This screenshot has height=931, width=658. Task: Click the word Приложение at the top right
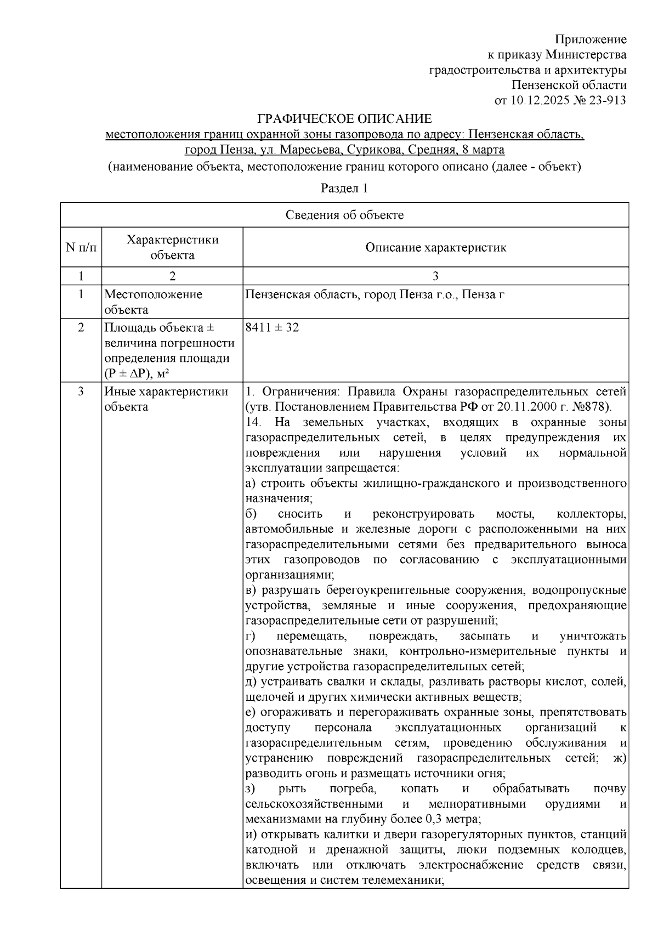591,39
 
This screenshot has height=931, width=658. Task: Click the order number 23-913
607,100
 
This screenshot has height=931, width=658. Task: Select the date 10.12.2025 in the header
536,100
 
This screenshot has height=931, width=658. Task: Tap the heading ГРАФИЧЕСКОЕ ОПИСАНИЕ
345,119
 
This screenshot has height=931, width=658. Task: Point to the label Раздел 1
344,188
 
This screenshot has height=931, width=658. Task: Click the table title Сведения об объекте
344,215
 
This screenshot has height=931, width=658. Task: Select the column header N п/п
81,247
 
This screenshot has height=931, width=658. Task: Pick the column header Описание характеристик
435,247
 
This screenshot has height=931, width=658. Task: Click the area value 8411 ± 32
273,328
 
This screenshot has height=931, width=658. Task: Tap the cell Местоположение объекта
153,302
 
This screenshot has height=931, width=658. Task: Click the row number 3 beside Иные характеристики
81,391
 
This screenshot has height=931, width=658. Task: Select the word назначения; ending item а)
279,499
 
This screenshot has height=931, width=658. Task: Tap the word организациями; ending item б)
289,575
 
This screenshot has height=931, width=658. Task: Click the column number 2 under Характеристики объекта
172,276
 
